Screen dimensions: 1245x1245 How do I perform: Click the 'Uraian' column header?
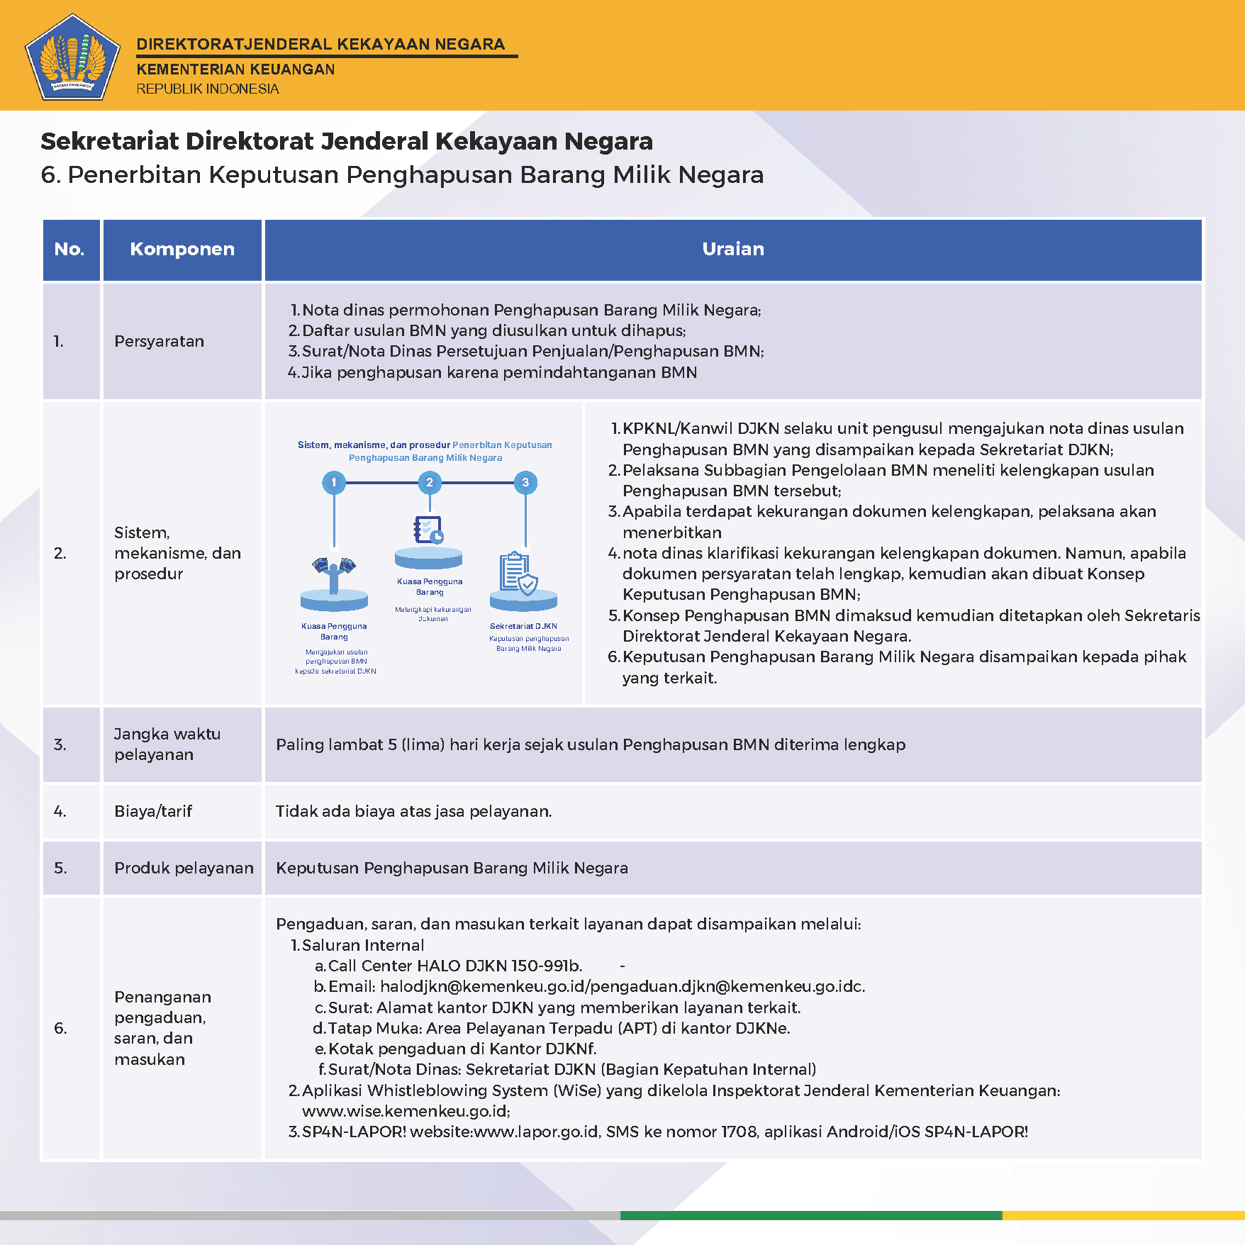pos(733,249)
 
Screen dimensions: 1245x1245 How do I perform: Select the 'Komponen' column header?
pos(182,249)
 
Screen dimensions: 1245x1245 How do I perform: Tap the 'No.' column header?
pos(69,249)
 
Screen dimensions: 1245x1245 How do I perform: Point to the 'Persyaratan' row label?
pos(160,341)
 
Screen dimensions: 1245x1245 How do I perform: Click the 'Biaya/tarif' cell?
pos(153,811)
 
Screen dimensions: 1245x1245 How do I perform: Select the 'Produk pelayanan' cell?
pos(184,868)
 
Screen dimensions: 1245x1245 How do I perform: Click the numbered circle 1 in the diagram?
pos(334,483)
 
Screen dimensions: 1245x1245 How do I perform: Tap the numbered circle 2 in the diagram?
pos(430,483)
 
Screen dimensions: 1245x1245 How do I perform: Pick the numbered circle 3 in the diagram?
pos(525,483)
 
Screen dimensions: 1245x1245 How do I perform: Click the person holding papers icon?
pos(334,573)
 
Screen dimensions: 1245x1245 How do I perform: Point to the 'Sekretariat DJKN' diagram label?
pos(523,626)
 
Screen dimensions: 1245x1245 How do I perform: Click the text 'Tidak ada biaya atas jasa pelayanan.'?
pos(413,811)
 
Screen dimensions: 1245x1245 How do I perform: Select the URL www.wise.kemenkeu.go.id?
pos(406,1111)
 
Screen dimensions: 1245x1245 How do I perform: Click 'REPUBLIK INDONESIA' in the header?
pos(208,89)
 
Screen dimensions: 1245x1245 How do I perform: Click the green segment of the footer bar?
pos(811,1215)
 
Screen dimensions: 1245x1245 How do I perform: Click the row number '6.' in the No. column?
pos(61,1028)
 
